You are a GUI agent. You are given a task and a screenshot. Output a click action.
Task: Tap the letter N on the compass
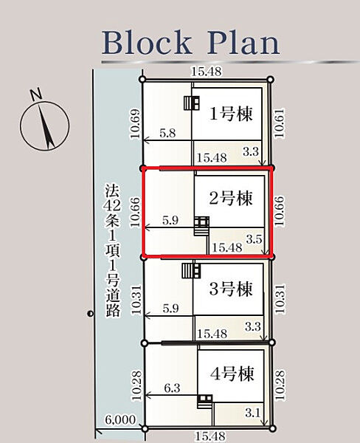pos(36,94)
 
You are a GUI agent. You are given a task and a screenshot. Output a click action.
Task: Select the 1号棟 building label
pos(231,114)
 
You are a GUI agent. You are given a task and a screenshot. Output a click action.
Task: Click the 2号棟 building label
pos(231,198)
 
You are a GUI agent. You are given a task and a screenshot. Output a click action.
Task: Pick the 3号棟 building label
pos(231,289)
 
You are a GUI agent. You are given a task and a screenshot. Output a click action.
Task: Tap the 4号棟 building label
pos(232,374)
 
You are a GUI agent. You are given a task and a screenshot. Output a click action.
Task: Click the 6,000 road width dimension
pos(120,419)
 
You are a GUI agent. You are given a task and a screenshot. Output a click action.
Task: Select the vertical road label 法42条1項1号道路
pos(113,250)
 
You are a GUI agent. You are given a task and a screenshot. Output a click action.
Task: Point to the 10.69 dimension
pos(135,123)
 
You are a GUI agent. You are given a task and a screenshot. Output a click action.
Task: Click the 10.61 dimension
pos(280,123)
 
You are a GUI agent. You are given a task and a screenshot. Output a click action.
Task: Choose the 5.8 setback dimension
pos(167,133)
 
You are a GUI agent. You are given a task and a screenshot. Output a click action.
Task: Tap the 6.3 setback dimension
pos(172,388)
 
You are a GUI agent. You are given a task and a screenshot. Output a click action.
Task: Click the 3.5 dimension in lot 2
pos(254,239)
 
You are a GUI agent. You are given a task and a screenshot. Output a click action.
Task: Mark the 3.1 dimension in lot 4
pos(252,413)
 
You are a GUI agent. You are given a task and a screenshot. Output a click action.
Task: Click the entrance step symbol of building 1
pos(192,103)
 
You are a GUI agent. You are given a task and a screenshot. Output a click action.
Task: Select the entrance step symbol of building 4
pos(205,402)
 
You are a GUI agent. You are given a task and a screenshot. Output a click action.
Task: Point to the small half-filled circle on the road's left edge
pos(90,313)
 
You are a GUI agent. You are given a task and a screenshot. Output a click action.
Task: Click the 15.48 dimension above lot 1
pos(206,71)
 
